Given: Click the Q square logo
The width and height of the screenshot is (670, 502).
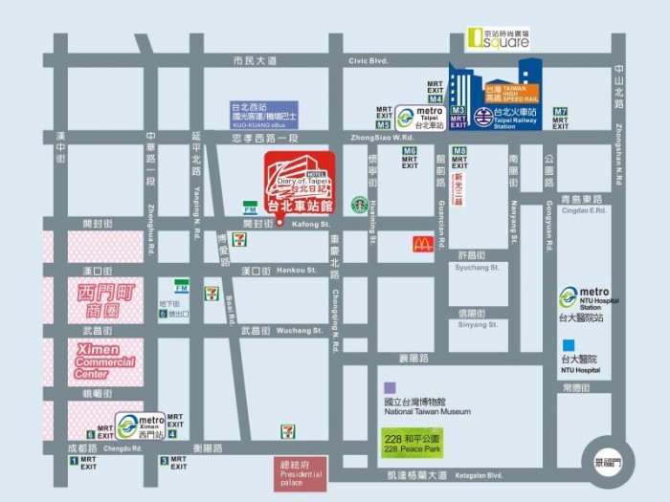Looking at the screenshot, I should coord(497,38).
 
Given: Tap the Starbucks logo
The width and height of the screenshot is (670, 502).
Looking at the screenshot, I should coord(359,204).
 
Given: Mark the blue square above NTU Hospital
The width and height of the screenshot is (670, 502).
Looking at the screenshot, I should coord(569,345).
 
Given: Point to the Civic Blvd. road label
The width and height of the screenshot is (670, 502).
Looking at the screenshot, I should coord(369,60).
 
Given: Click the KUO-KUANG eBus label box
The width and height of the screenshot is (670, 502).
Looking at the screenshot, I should coord(263,114).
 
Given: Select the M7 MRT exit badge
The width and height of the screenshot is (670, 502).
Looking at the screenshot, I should coord(561,111).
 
